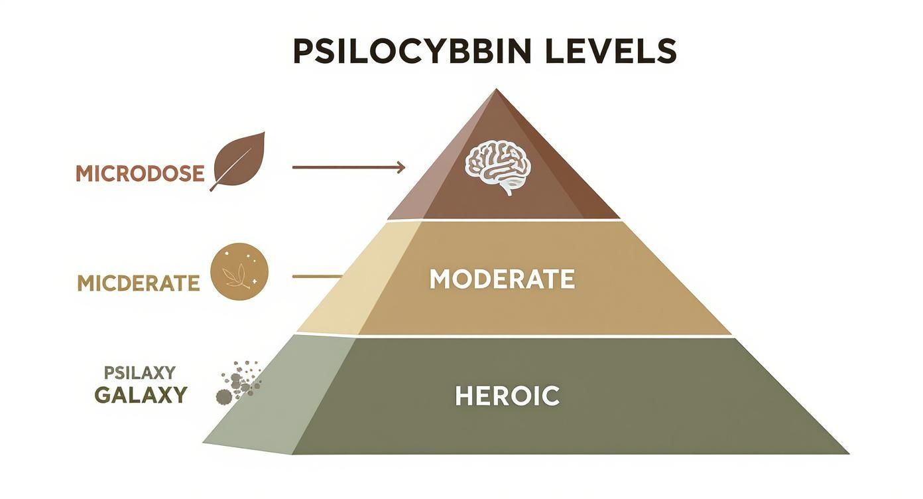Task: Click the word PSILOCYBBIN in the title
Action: [411, 52]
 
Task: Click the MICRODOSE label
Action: [139, 173]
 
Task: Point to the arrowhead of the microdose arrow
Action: [401, 167]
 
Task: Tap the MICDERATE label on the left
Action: [138, 283]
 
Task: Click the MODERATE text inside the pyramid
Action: [501, 279]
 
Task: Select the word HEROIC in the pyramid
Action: [507, 395]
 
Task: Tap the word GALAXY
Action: [141, 395]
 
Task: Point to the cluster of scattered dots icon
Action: [239, 382]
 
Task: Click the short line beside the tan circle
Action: [317, 275]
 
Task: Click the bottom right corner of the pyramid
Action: [847, 453]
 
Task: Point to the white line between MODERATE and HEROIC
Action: [530, 337]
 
